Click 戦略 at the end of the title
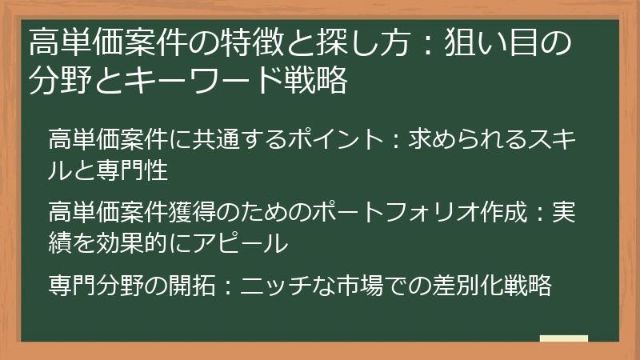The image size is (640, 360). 315,81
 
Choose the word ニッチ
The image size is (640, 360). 270,286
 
